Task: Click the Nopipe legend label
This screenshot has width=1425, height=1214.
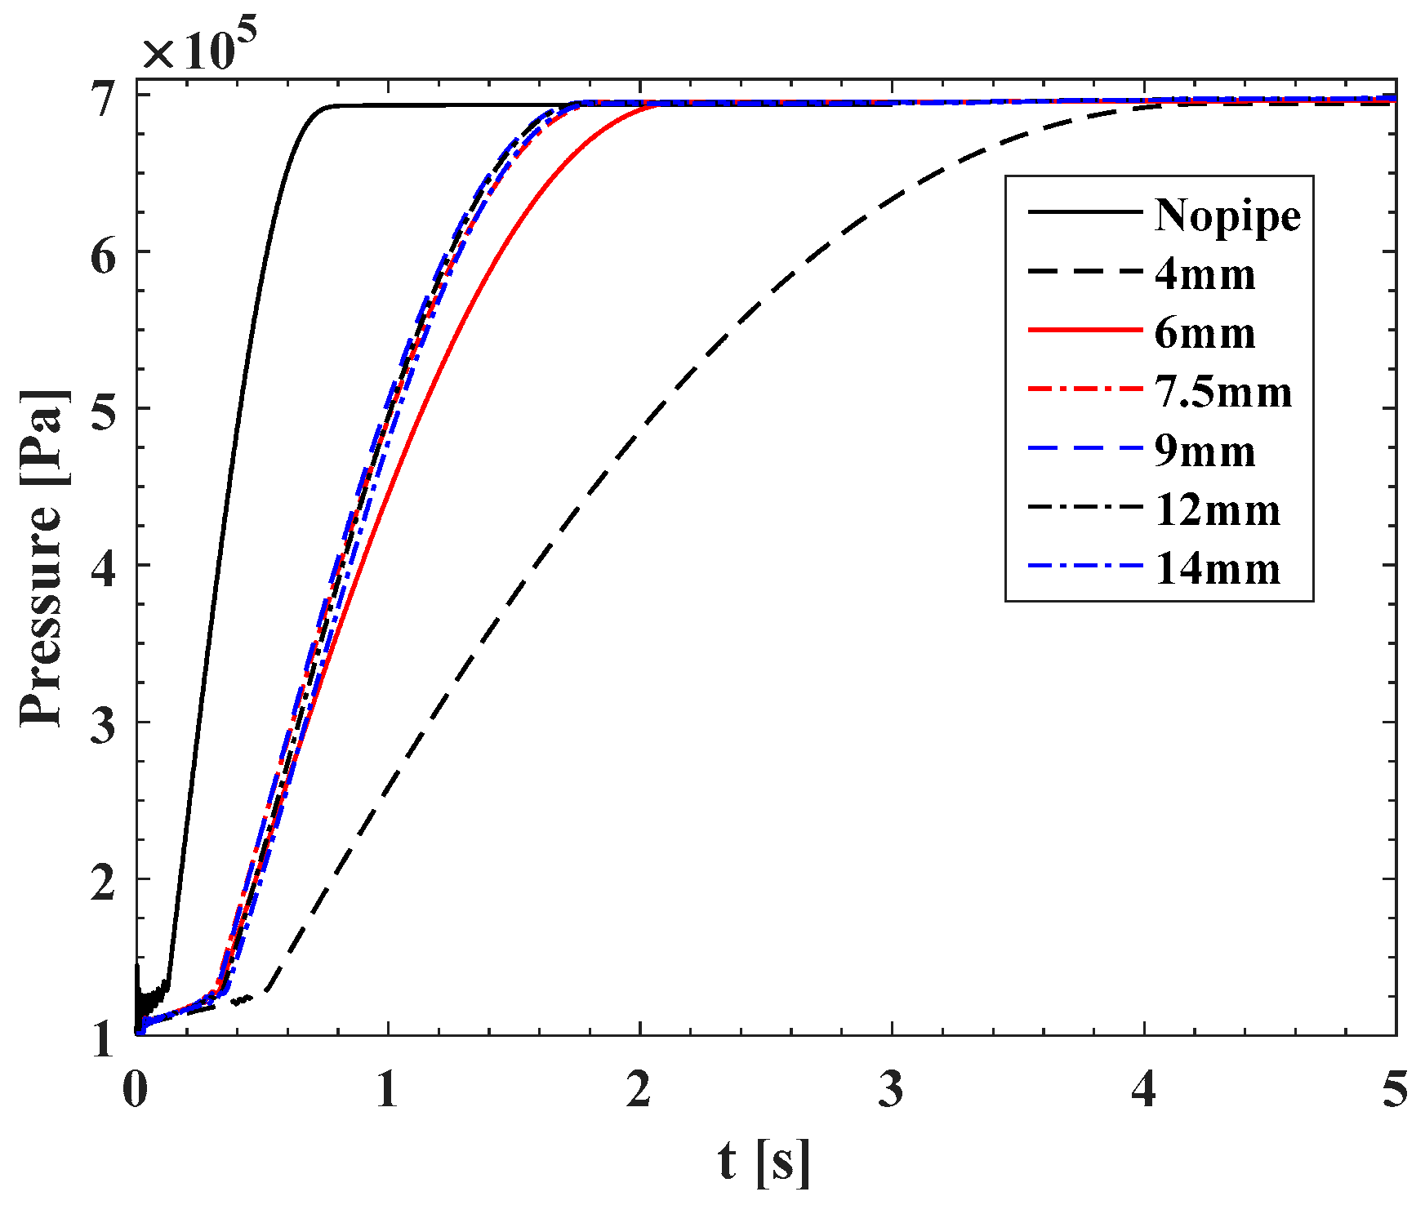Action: point(1227,216)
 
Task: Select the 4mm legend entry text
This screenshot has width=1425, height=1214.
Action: point(1205,274)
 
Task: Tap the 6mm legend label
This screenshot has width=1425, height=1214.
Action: point(1205,333)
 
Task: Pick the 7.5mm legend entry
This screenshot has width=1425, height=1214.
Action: point(1222,392)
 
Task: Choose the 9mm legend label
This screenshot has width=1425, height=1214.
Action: point(1205,451)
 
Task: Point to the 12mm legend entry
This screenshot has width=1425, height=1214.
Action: point(1217,510)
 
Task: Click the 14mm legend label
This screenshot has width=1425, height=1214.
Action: point(1217,569)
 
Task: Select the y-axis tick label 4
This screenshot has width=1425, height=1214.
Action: point(104,565)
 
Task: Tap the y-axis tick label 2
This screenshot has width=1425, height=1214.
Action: point(104,879)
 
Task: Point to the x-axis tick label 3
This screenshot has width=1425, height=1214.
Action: point(892,1090)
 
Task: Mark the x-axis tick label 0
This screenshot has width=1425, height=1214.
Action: point(136,1090)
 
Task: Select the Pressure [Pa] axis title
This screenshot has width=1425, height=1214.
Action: point(41,558)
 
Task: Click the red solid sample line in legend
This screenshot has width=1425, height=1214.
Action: point(1084,330)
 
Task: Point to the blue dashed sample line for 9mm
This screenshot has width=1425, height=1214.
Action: point(1084,448)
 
